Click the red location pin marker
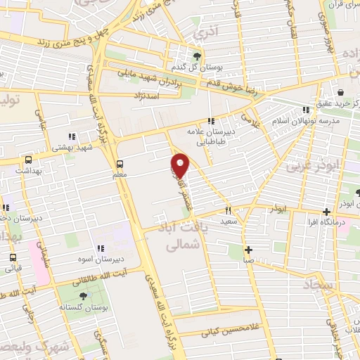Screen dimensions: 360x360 (181, 165)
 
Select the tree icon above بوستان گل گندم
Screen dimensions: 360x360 (197, 56)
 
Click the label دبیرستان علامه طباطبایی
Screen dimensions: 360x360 (209, 135)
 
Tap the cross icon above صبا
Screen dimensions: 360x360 (248, 250)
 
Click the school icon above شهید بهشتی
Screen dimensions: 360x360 (70, 137)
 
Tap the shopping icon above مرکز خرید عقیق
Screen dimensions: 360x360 (340, 92)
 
